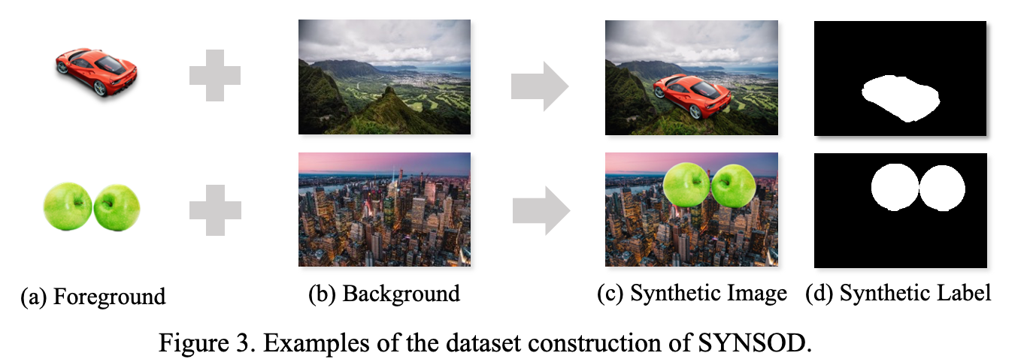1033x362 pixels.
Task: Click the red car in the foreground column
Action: [x=96, y=71]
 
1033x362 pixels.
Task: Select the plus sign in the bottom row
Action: [x=215, y=209]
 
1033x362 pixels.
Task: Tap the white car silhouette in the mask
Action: [x=901, y=98]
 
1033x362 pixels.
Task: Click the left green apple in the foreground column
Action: [x=68, y=207]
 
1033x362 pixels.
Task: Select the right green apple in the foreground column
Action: [x=117, y=206]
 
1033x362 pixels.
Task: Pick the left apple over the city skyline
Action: [x=685, y=186]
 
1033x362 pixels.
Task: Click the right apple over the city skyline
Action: [x=734, y=186]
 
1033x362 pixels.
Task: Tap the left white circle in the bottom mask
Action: [x=895, y=189]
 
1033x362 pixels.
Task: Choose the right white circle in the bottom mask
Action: [x=941, y=189]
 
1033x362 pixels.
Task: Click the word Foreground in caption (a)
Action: [x=109, y=297]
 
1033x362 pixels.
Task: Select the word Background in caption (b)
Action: [x=401, y=294]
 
